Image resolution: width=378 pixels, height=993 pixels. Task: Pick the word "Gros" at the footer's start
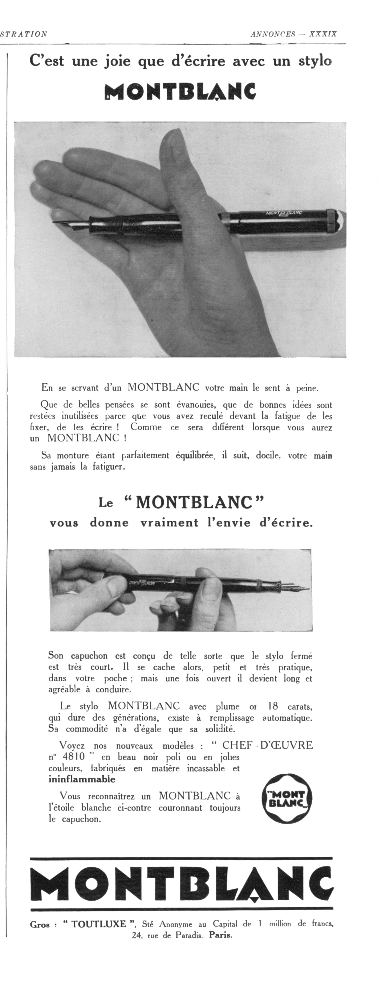[40, 924]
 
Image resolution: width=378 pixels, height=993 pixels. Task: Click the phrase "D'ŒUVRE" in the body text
[287, 745]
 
